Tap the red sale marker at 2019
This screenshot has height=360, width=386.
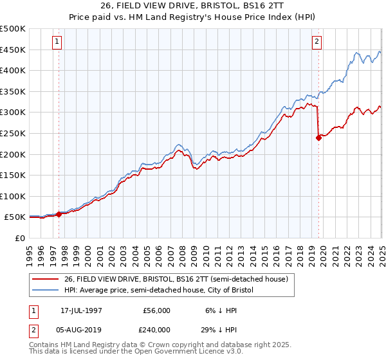point(318,137)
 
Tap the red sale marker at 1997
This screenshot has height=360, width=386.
point(59,214)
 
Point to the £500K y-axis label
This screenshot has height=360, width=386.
point(12,29)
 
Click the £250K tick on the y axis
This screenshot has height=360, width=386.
point(12,133)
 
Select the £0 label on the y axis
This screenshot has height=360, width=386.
point(21,238)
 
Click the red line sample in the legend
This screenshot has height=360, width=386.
point(45,278)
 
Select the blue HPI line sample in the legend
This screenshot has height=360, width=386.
point(45,290)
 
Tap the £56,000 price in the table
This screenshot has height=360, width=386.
point(156,310)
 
